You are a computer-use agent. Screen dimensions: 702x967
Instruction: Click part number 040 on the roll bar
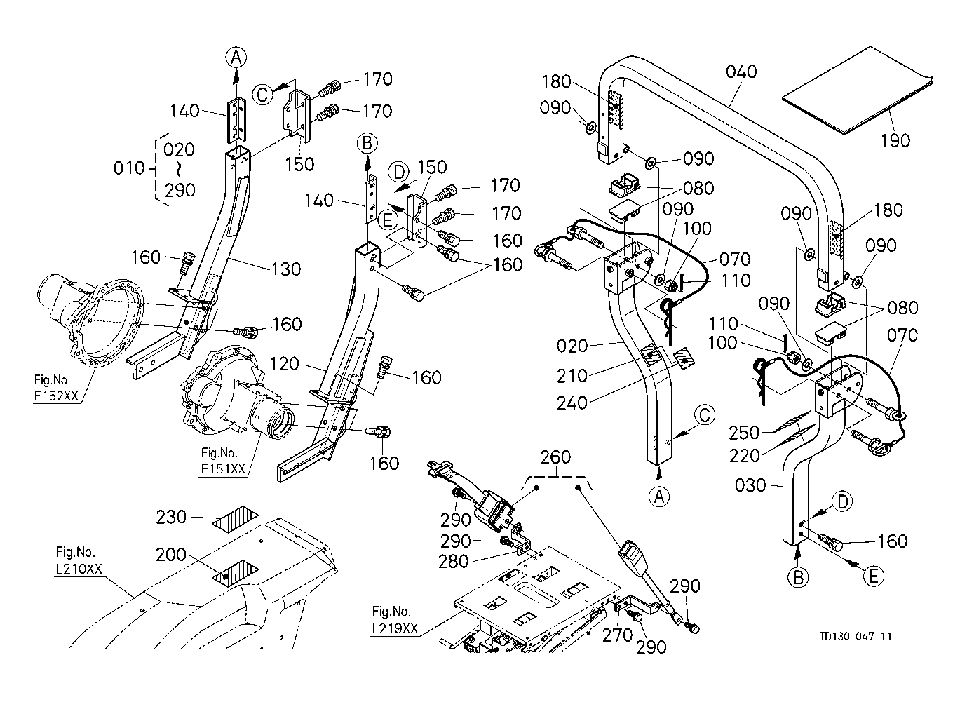click(x=741, y=72)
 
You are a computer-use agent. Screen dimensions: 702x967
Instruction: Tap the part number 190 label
click(x=895, y=140)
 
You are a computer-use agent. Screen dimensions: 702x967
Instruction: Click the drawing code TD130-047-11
click(x=856, y=636)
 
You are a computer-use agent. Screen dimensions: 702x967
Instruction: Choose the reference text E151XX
click(x=222, y=469)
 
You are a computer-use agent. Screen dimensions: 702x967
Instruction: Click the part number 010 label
click(x=128, y=169)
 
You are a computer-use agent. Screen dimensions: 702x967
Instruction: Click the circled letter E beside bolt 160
click(x=873, y=576)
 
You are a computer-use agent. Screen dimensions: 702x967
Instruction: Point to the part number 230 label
click(x=171, y=517)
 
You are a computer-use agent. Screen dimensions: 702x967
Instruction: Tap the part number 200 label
click(x=171, y=555)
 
